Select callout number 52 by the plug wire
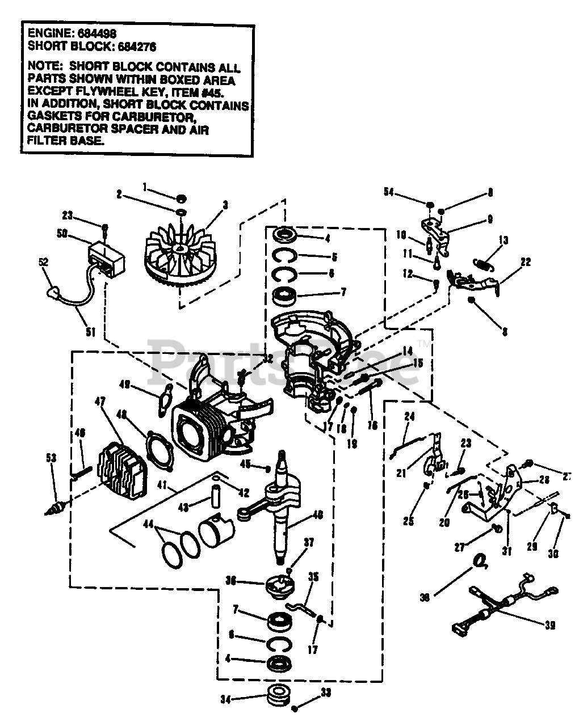tap(44, 263)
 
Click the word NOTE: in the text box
tap(47, 67)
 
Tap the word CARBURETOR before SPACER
tap(64, 129)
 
